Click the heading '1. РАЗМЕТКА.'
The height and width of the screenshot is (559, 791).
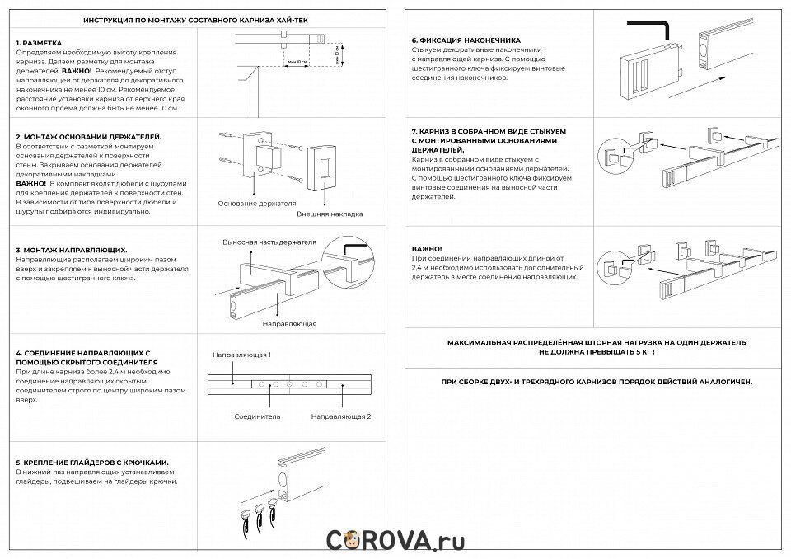point(40,42)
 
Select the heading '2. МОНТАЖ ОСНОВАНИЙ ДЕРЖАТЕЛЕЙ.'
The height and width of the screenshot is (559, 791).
point(89,136)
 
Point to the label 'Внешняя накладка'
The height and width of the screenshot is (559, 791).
point(330,214)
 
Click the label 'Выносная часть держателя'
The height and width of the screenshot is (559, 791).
point(269,242)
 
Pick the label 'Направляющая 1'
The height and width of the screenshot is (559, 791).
point(241,355)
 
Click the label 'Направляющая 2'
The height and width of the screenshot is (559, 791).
point(341,416)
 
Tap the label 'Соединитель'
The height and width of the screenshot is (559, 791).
point(257,416)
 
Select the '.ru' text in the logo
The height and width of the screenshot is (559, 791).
point(450,540)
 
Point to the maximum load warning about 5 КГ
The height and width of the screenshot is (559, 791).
point(597,346)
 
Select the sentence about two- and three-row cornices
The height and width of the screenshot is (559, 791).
point(597,383)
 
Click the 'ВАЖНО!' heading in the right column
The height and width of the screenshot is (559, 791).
point(426,249)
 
